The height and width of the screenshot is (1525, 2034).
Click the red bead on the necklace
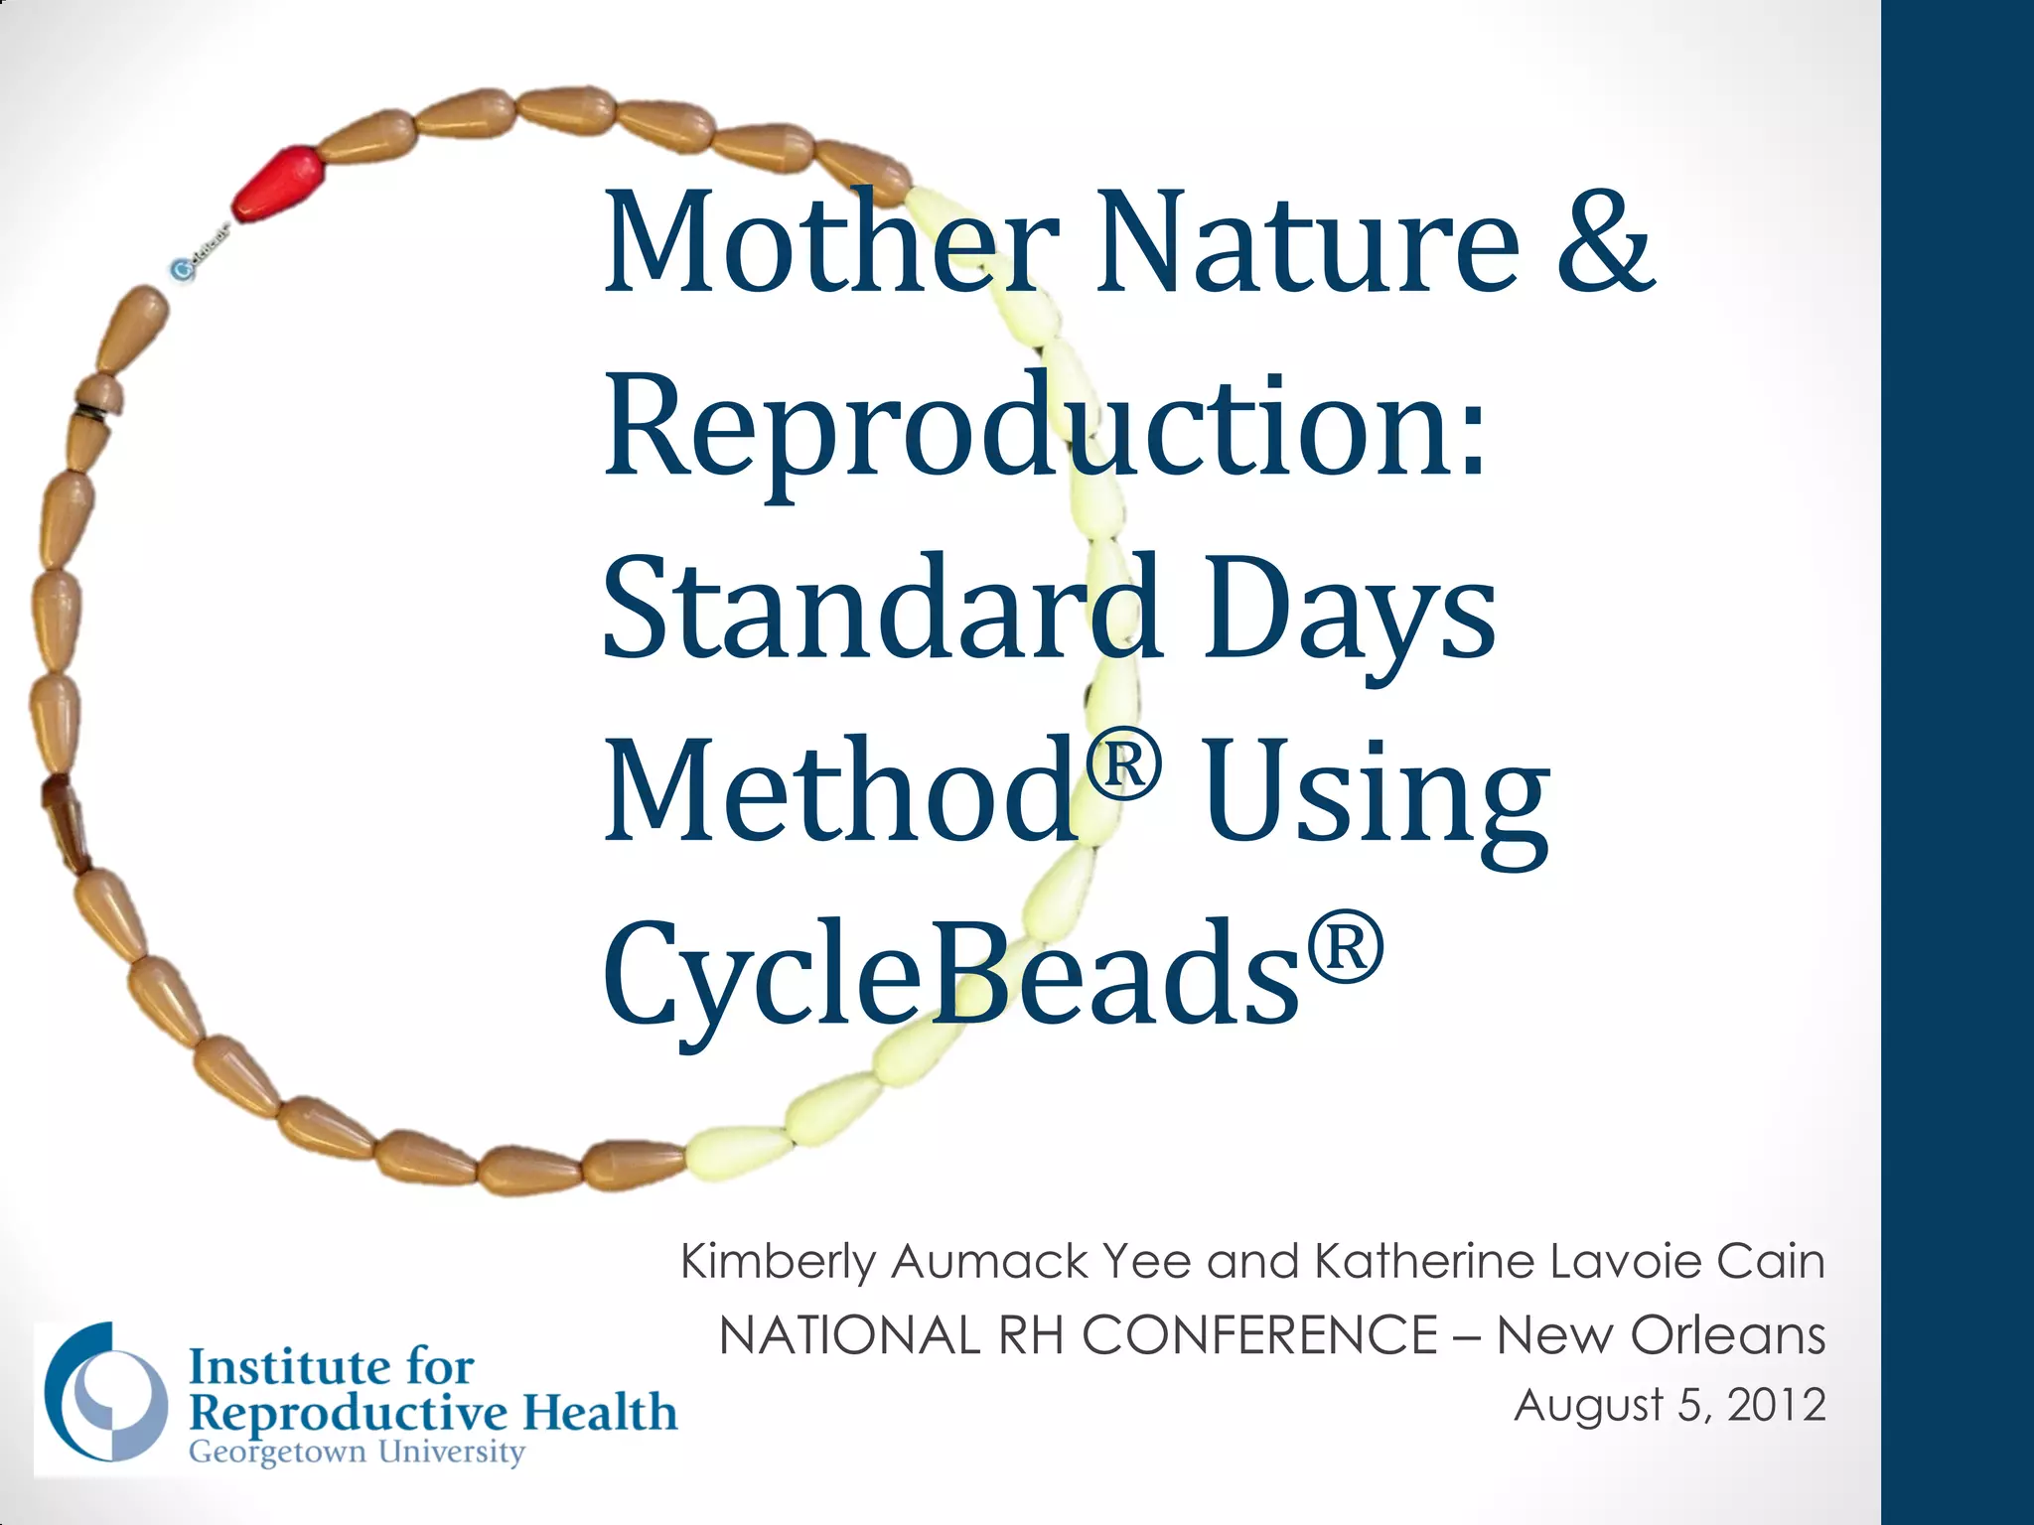pos(280,182)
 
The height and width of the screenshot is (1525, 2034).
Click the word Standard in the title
pos(882,608)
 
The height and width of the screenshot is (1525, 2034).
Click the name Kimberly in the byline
pos(778,1264)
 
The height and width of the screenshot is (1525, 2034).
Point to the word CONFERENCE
pos(1258,1335)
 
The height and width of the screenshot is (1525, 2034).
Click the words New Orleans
pos(1661,1335)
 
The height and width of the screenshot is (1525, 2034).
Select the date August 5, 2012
pos(1670,1406)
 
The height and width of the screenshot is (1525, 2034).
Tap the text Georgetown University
pos(356,1453)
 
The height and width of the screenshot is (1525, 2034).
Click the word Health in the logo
pos(600,1412)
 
